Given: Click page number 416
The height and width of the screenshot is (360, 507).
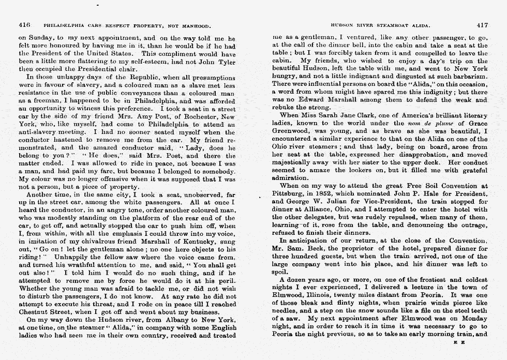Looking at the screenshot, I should (24, 25).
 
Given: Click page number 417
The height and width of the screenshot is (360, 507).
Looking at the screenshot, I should (482, 25).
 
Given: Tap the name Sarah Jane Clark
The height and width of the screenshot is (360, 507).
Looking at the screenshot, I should (332, 116).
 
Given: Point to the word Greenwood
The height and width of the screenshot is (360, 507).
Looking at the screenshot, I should (289, 131).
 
